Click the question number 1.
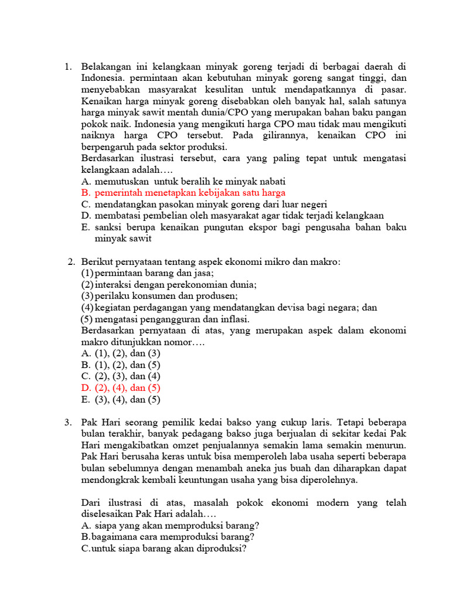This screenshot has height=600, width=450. click(x=67, y=67)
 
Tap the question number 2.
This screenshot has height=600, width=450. click(x=71, y=261)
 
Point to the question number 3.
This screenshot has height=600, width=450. click(x=67, y=422)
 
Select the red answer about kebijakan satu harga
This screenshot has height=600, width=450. click(x=183, y=192)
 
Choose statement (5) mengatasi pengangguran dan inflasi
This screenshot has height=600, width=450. click(x=165, y=319)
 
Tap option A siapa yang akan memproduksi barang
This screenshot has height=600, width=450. click(x=171, y=525)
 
